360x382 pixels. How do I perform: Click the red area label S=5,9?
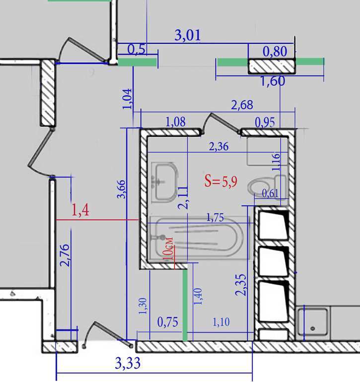pos(221,181)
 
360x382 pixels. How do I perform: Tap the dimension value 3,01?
pos(188,35)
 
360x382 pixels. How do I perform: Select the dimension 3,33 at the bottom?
pos(128,363)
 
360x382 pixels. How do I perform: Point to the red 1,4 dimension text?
pos(80,210)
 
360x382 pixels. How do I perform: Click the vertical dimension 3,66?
pos(121,190)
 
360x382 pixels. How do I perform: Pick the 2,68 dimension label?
pos(242,105)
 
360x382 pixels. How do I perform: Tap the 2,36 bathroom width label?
pos(219,147)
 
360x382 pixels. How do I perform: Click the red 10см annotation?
pos(168,249)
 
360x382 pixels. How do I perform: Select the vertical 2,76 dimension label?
pos(65,255)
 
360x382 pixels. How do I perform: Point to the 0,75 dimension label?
pos(167,322)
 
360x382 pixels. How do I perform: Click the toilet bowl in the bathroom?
pos(259,187)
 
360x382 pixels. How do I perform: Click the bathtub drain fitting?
pos(162,237)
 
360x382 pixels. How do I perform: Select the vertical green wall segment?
pos(185,305)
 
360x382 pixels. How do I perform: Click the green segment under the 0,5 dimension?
pos(138,62)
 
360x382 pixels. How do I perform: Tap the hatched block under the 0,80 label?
pos(272,66)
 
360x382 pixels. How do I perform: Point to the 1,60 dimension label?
pos(273,81)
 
